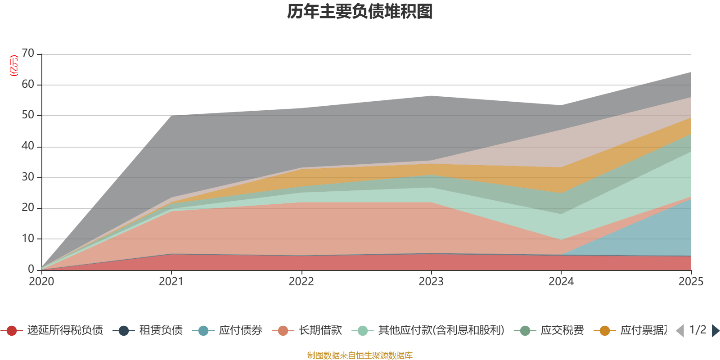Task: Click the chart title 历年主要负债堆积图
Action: (x=360, y=12)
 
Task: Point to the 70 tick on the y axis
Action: (x=28, y=54)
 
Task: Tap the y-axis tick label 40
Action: (x=28, y=146)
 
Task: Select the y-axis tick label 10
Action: (x=28, y=238)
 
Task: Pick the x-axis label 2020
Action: (x=41, y=282)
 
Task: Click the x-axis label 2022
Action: (x=301, y=282)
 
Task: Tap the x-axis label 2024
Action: (x=561, y=282)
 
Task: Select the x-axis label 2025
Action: (x=690, y=282)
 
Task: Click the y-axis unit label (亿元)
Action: (x=14, y=66)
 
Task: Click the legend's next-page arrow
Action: (x=715, y=331)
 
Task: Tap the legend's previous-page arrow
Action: (x=680, y=331)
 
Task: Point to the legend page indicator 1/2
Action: (x=697, y=330)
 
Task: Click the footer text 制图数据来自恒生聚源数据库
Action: (x=360, y=355)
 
